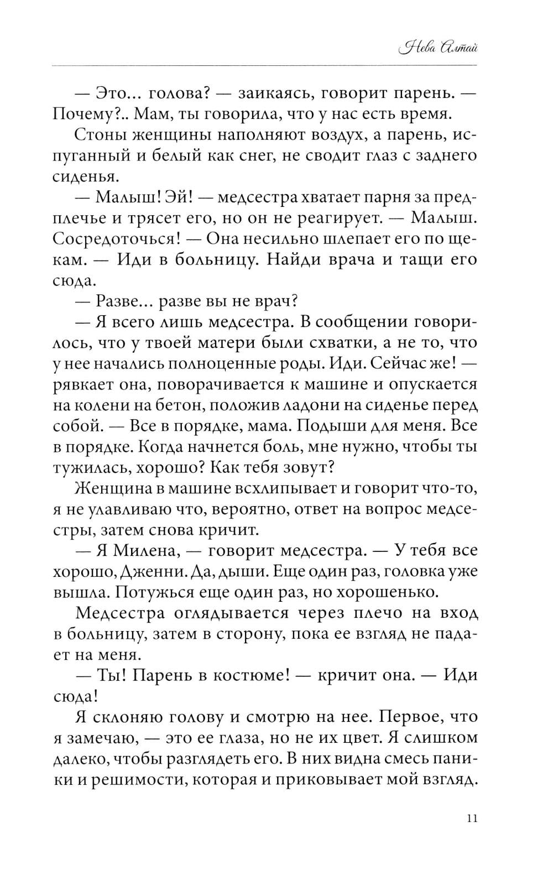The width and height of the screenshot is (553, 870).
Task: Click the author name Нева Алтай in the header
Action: pos(437,48)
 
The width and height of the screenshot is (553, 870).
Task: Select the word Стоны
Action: pos(99,136)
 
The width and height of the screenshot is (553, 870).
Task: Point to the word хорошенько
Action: pos(381,592)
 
